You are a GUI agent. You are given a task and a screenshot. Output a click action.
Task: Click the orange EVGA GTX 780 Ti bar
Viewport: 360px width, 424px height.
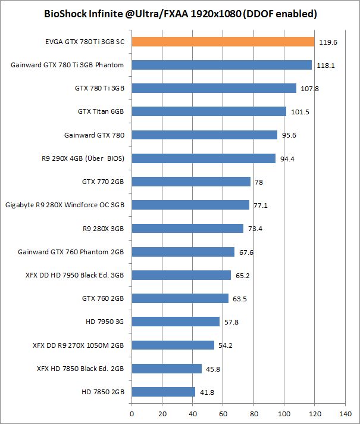[223, 42]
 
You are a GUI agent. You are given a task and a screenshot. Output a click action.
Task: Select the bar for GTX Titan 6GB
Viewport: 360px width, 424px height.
[209, 111]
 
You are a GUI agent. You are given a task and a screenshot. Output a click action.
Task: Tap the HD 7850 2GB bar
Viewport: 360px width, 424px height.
[163, 392]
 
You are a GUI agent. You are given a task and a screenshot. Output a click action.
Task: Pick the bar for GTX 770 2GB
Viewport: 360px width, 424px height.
[191, 182]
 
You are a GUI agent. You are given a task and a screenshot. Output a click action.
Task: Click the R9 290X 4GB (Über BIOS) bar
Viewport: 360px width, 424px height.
[204, 158]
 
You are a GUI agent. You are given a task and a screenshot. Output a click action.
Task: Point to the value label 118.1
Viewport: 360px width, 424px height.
[325, 66]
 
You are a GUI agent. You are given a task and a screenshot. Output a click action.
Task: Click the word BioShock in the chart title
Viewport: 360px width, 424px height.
[65, 13]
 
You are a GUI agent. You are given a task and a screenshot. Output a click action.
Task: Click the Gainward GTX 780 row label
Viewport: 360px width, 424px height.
[94, 135]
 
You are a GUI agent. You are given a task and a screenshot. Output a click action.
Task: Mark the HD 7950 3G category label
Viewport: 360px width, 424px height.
[105, 322]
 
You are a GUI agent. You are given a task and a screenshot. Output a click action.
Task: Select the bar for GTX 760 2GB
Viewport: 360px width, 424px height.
[180, 298]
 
